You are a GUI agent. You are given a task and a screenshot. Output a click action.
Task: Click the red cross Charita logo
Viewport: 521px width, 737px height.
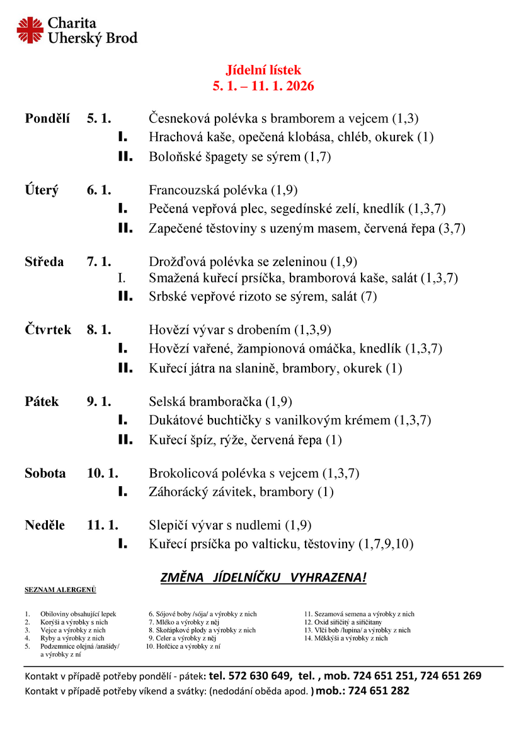click(30, 31)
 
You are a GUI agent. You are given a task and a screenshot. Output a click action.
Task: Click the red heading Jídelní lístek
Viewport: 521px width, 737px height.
click(264, 70)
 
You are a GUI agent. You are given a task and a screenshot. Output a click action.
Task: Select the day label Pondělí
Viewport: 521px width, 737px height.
click(47, 118)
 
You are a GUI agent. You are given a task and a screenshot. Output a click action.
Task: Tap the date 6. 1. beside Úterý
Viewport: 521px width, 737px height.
click(99, 190)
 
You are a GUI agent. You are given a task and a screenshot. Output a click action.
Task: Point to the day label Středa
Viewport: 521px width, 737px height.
click(44, 262)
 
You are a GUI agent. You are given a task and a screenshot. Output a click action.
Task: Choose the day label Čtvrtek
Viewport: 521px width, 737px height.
click(49, 329)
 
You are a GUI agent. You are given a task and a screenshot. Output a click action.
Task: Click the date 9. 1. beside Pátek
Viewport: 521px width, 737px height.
click(99, 401)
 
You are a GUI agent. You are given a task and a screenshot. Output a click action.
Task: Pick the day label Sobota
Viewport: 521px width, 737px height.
click(45, 473)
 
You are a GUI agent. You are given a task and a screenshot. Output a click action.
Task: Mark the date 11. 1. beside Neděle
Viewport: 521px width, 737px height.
click(103, 525)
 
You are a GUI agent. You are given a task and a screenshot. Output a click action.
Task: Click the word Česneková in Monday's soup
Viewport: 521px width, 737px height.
click(180, 118)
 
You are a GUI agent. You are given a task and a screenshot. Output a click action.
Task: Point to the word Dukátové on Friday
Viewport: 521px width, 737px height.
click(175, 420)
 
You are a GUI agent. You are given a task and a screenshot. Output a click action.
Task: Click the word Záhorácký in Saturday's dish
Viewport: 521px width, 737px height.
click(178, 492)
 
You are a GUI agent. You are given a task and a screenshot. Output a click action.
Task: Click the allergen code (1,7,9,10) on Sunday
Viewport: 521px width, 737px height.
click(386, 543)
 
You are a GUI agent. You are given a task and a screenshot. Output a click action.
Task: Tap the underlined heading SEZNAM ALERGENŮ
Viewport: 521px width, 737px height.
click(60, 590)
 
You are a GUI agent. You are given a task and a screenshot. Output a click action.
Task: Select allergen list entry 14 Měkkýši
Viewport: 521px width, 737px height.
click(346, 638)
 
